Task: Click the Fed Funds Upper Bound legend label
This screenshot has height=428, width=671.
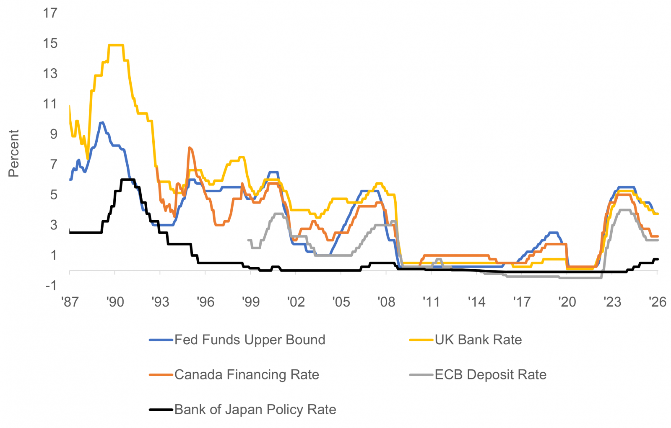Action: click(x=250, y=340)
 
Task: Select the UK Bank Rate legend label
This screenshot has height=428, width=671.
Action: click(x=478, y=340)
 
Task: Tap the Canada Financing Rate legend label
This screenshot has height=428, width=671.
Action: click(x=247, y=374)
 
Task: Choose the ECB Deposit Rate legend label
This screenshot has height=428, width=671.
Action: click(x=490, y=374)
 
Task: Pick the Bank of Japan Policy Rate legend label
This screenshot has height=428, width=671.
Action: click(x=255, y=409)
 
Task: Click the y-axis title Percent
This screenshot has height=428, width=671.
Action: click(x=14, y=153)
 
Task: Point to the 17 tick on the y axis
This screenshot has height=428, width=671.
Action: click(x=50, y=13)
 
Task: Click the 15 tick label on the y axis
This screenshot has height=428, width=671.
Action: click(x=50, y=43)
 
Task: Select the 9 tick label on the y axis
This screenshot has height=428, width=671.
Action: click(x=53, y=134)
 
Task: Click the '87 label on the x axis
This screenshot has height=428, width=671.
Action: click(x=70, y=302)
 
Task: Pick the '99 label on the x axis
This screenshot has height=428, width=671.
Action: click(x=250, y=302)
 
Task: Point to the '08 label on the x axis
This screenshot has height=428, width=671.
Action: click(x=386, y=302)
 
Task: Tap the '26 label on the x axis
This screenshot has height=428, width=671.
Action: click(x=657, y=302)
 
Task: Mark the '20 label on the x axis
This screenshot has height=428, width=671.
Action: click(x=567, y=302)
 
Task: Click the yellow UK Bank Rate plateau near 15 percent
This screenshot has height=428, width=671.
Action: click(x=116, y=45)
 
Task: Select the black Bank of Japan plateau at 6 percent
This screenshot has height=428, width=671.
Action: click(x=127, y=180)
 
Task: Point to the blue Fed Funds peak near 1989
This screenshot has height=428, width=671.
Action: click(x=101, y=123)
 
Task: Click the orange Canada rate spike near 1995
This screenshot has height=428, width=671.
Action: click(x=190, y=148)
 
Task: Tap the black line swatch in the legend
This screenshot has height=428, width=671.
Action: click(x=161, y=410)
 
